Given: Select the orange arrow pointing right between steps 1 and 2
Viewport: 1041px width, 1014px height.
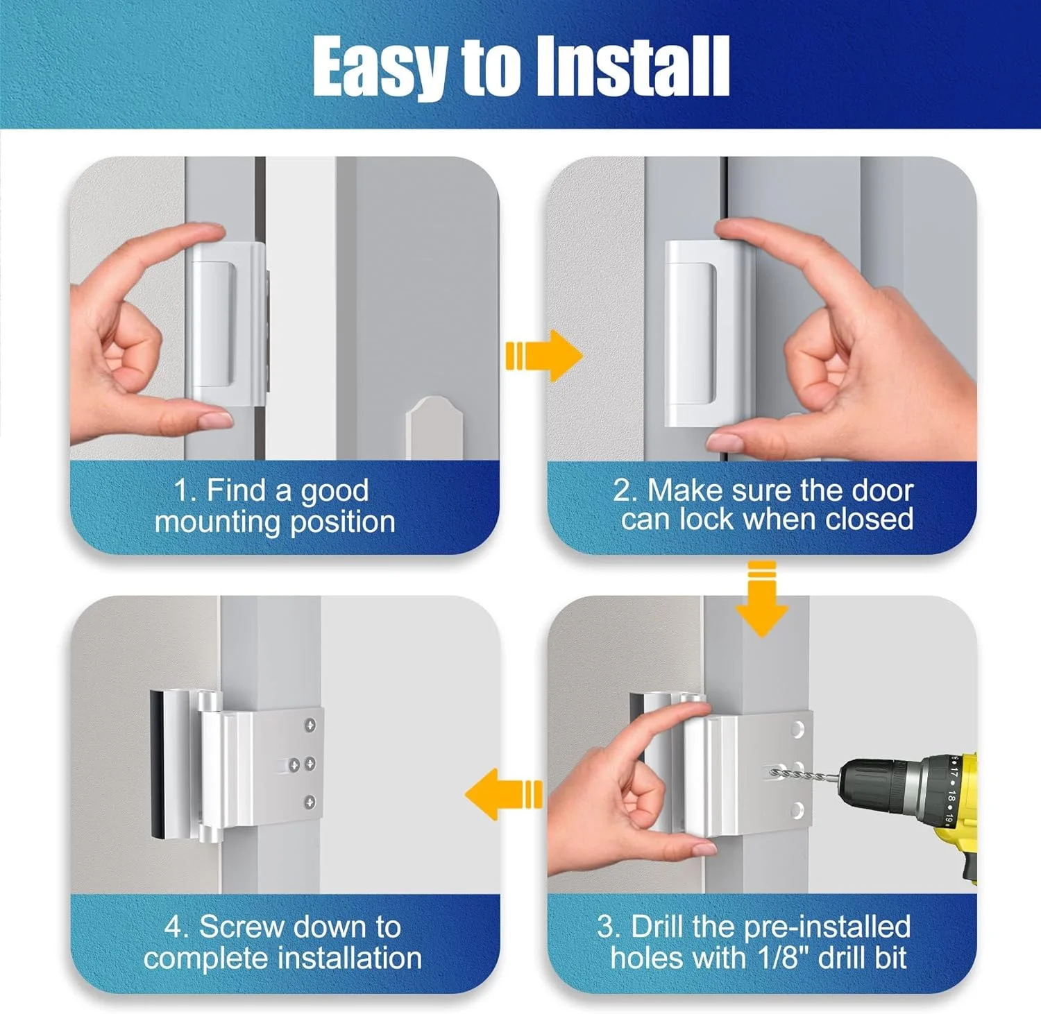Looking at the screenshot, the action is click(543, 355).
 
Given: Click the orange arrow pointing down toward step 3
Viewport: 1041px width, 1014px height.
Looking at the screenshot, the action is click(761, 599).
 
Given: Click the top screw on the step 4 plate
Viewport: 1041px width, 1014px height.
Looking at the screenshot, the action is click(310, 725).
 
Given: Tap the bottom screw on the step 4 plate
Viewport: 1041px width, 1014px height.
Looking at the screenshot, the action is click(310, 802).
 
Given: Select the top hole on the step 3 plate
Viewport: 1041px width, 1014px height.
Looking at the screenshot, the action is click(797, 729).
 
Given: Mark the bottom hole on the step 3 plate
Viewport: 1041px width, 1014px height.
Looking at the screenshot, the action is click(797, 808).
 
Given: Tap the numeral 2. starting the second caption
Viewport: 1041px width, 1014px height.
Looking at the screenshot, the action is click(625, 490).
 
